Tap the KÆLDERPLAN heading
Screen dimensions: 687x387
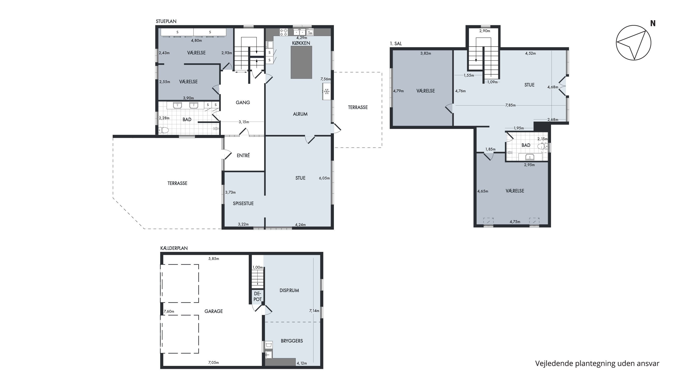174,248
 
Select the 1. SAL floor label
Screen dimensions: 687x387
396,44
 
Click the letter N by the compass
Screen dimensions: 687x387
653,23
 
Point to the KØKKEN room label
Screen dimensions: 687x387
301,43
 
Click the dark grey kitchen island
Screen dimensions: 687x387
301,62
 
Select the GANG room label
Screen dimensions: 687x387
243,102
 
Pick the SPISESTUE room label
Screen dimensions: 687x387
243,203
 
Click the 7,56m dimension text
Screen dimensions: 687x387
326,79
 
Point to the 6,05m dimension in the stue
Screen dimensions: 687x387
324,178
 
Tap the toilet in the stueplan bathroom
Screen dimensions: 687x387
164,130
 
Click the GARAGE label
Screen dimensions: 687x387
214,311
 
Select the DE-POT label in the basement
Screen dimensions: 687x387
257,296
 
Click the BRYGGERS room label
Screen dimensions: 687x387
292,341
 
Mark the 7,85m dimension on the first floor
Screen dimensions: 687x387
510,105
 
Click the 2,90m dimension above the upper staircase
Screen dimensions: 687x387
485,31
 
